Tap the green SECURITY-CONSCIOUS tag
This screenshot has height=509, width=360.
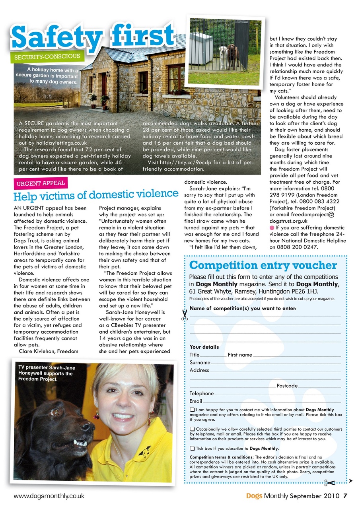coord(47,57)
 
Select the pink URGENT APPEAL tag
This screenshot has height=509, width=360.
coord(40,184)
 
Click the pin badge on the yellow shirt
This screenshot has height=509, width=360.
coord(144,451)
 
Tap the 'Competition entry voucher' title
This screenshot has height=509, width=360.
coord(263,265)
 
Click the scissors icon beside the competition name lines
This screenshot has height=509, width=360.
coord(185,315)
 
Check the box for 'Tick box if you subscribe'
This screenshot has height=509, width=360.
coord(192,449)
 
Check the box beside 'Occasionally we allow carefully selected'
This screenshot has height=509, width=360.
coord(192,429)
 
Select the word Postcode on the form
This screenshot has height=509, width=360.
coord(287,386)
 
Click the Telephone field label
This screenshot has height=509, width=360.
coord(202,394)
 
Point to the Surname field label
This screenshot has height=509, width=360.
coord(200,363)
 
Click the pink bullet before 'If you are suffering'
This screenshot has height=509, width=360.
coord(272,228)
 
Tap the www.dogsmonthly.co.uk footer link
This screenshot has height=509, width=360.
coord(49,496)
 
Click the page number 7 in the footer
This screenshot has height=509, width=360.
coord(345,496)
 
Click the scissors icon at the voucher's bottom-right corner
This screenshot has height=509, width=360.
coord(329,483)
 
